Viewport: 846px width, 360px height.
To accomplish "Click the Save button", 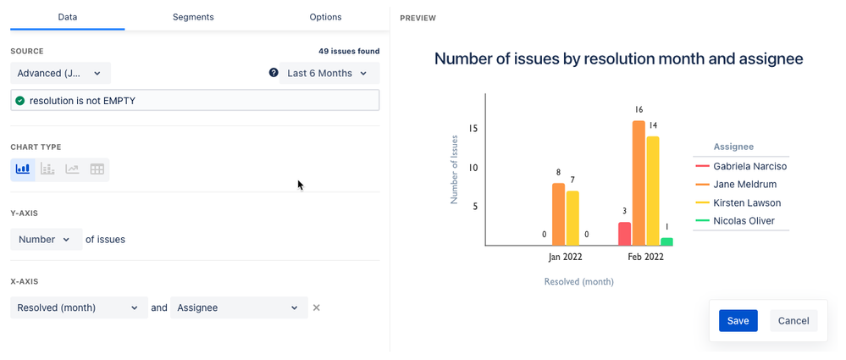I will click(738, 321).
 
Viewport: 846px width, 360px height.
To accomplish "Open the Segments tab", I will click(193, 17).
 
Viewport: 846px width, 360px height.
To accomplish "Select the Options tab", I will click(325, 17).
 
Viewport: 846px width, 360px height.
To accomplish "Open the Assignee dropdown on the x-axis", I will click(238, 307).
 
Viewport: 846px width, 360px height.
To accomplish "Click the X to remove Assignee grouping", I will click(317, 307).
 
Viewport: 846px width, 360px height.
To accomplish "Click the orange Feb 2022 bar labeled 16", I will click(639, 183).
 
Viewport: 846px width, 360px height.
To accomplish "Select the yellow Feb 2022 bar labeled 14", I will click(653, 191).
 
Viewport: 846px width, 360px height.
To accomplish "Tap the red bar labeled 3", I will click(624, 234).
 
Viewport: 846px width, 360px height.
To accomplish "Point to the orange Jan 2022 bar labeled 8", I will click(558, 214).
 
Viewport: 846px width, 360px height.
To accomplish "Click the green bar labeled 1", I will click(667, 241).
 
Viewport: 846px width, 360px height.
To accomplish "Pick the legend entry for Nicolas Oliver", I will click(743, 222).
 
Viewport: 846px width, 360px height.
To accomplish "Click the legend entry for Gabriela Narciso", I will click(749, 167).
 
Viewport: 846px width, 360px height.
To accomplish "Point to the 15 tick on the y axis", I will click(473, 129).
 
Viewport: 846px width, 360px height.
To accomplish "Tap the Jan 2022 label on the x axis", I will click(566, 257).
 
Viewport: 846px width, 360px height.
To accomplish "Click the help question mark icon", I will click(274, 73).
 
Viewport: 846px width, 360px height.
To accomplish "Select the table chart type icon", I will click(97, 169).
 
